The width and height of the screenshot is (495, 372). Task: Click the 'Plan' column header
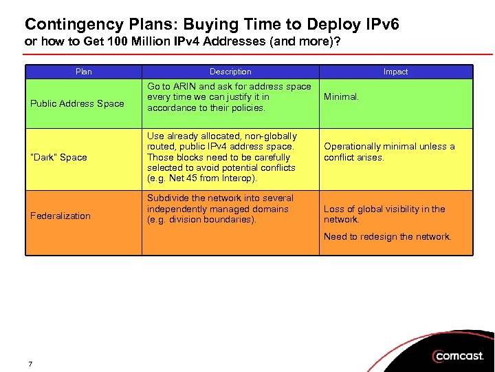pos(83,72)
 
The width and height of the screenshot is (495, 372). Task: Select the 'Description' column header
pos(230,72)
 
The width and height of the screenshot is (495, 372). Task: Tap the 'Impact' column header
pos(395,72)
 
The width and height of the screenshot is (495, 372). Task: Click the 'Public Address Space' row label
pos(77,104)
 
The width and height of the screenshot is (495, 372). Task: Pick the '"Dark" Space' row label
pos(58,157)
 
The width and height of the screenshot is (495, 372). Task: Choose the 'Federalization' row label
pos(60,216)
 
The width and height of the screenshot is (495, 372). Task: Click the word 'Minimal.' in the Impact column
pos(341,97)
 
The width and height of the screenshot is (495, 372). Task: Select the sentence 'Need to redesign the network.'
pos(388,236)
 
